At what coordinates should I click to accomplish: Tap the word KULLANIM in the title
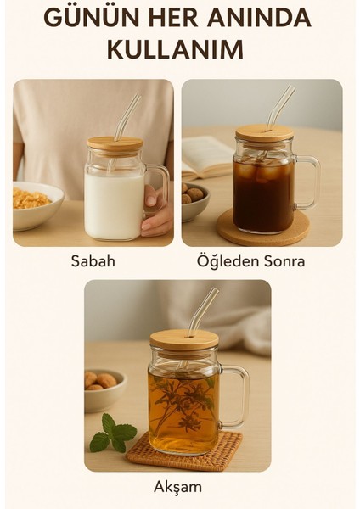coord(175,49)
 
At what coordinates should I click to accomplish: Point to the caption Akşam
coord(177,487)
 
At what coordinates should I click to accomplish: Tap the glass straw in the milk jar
coord(127,117)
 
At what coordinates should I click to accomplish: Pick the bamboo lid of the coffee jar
coord(264,132)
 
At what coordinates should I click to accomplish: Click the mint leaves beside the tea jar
coord(112,433)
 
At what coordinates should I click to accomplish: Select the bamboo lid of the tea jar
coord(184,338)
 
